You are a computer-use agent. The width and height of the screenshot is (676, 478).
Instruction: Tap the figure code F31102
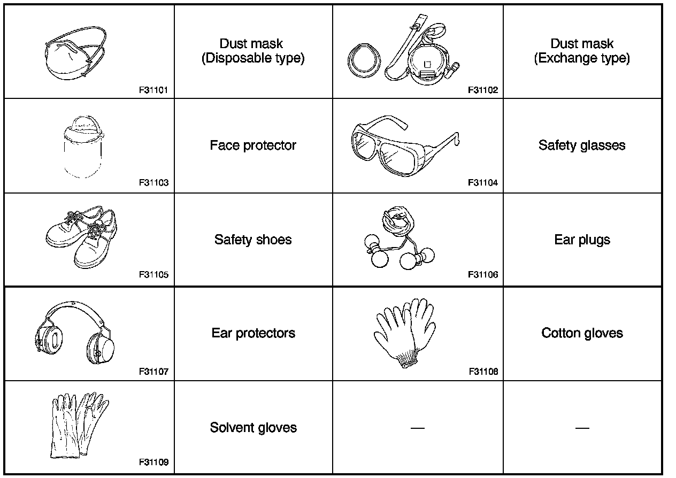pos(482,90)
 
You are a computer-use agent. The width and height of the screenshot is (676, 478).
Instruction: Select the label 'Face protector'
pos(253,145)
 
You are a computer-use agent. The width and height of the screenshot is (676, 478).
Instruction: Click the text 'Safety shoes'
pos(253,240)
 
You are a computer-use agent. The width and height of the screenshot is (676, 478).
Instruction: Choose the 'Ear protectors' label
pos(253,333)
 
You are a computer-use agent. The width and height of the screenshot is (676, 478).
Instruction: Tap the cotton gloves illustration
pos(405,331)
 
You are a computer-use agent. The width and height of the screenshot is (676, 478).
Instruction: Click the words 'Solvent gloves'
pos(253,428)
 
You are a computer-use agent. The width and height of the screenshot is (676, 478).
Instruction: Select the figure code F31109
pos(153,462)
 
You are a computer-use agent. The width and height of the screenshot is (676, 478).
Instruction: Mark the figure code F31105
pos(153,275)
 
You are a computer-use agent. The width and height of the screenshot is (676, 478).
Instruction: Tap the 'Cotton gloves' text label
pos(582,333)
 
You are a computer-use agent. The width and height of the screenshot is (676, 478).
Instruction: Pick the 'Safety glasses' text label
pos(582,145)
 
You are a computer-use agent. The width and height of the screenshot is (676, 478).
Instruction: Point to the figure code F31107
pos(153,371)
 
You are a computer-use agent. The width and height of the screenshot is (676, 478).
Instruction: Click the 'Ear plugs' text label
pos(582,240)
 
